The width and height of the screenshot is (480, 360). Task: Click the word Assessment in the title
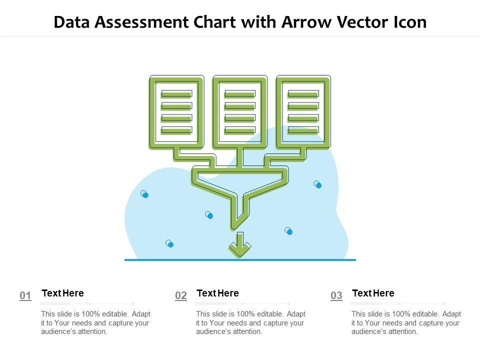tap(141, 22)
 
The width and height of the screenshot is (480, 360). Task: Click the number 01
tap(25, 295)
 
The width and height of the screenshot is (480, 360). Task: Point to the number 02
tap(181, 295)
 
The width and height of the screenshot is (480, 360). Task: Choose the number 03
tap(336, 295)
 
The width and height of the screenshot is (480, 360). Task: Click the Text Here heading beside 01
tap(63, 293)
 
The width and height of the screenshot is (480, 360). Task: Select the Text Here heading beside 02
tap(217, 293)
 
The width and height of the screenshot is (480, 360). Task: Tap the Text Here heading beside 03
tap(373, 293)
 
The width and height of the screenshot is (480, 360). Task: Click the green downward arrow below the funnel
tap(240, 244)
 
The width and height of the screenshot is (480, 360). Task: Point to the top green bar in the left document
tap(176, 93)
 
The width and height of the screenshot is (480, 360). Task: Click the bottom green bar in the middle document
tap(240, 130)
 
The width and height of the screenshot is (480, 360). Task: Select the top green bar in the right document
tap(303, 93)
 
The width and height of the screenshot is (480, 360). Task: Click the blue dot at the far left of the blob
tap(144, 194)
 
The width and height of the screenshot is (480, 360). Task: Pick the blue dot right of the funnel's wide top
tap(318, 184)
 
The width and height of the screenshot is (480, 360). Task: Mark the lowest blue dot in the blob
tap(169, 243)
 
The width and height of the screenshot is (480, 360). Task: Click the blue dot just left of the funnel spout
tap(209, 215)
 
